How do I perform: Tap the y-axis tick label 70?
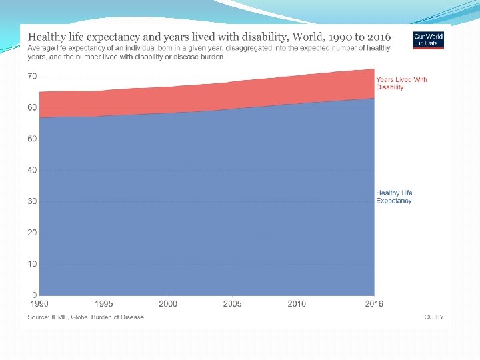(32, 76)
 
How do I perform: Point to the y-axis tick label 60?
(32, 107)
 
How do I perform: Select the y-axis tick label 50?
(32, 139)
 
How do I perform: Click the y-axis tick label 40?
(32, 170)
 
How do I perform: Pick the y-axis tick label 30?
(32, 201)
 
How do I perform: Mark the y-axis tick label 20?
(32, 233)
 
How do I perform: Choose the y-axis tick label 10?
(32, 264)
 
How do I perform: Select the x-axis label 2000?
(167, 304)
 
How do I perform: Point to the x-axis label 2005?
(232, 304)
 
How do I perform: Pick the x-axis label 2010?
(297, 304)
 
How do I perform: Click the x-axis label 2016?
(373, 304)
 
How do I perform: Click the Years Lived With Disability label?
(401, 83)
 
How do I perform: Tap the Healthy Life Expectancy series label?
(394, 197)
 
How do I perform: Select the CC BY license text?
(434, 317)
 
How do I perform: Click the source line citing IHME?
(85, 317)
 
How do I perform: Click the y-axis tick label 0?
(34, 295)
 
